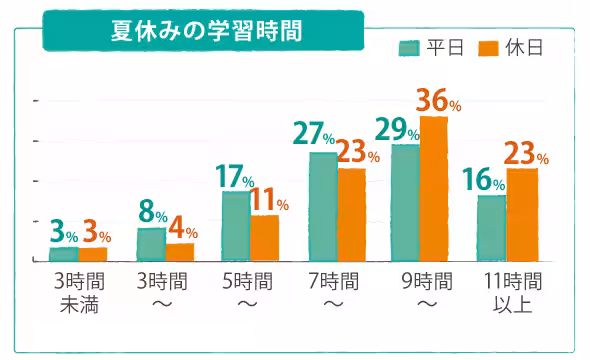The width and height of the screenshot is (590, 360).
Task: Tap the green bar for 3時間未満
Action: tap(63, 254)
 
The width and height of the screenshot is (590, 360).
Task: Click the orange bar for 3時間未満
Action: tap(92, 254)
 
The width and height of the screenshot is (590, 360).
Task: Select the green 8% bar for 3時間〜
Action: tap(151, 244)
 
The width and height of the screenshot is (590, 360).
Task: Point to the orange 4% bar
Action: tap(180, 252)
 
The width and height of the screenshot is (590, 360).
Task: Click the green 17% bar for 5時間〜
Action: tap(236, 226)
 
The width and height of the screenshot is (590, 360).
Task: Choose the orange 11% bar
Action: tap(265, 238)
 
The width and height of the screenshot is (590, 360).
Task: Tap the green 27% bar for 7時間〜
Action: tap(323, 206)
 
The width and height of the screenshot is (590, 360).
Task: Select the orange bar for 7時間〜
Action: tap(352, 214)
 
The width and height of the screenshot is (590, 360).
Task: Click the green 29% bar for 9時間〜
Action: tap(405, 202)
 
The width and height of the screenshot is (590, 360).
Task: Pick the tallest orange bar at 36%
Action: tap(434, 188)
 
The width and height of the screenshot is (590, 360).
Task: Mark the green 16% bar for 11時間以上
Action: tap(491, 228)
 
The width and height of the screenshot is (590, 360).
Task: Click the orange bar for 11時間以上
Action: tap(521, 214)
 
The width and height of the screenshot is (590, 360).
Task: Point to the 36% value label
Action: tap(438, 102)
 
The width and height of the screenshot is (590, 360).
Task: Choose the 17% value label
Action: tap(236, 177)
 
